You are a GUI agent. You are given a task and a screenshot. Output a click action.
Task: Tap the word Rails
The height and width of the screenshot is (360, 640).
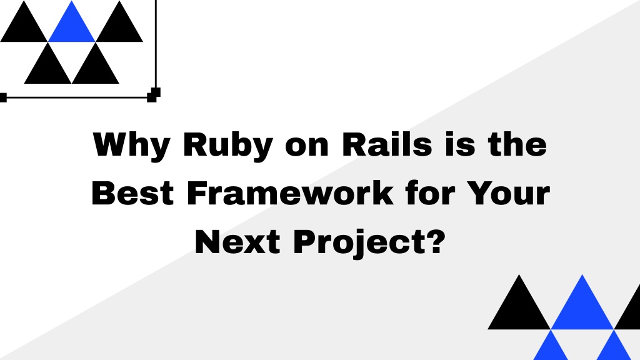click(x=387, y=144)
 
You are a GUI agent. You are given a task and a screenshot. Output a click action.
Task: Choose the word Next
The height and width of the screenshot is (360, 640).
click(x=237, y=242)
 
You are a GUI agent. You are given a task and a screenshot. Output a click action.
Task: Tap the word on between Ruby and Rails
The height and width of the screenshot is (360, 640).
click(x=307, y=146)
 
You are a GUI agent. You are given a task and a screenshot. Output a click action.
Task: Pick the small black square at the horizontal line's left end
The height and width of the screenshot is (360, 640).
click(x=3, y=97)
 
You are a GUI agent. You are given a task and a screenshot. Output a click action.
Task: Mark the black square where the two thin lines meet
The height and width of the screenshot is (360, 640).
click(x=154, y=95)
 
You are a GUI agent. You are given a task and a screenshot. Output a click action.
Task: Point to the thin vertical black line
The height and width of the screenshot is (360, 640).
click(x=156, y=45)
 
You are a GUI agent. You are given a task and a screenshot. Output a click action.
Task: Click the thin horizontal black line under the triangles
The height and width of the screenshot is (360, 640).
click(x=77, y=97)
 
